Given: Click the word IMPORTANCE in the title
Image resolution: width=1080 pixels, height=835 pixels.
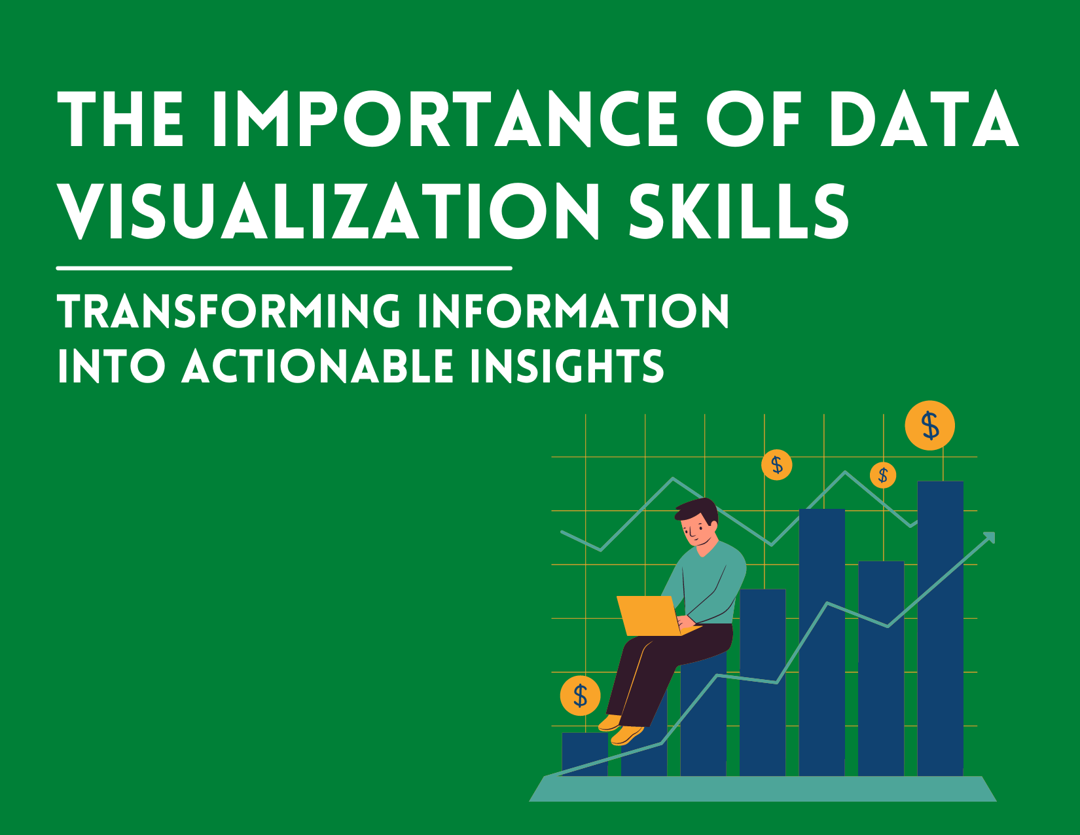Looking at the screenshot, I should coord(445,119).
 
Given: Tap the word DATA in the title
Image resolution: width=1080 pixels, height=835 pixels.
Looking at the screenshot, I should coord(923,119).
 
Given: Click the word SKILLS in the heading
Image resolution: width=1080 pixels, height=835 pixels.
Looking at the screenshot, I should coord(738,211).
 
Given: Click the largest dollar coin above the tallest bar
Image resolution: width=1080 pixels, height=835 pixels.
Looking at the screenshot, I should coord(929,426).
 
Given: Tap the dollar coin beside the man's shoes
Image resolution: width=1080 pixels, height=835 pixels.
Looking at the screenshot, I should coord(580,695).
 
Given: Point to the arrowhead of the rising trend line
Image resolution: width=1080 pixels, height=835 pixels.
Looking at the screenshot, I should coord(989,538).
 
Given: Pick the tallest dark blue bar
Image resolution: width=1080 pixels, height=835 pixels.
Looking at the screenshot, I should coord(941,629).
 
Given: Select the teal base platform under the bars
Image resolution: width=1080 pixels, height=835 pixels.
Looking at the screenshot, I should coord(763,789).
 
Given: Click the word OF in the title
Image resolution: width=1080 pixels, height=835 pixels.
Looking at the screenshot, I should coord(753,119).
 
